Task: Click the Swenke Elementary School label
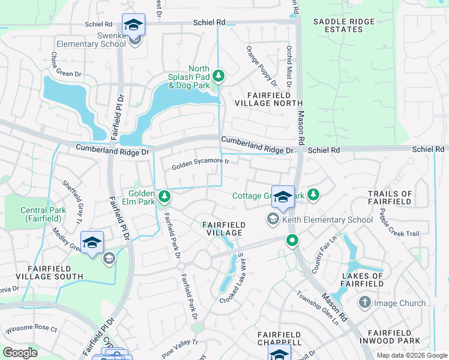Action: pos(91,44)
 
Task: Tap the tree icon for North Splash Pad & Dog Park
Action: pos(220,75)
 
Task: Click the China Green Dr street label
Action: pos(65,66)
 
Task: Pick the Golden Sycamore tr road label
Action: pos(200,161)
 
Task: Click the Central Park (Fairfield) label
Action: pos(43,214)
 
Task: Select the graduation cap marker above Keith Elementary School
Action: pos(283,197)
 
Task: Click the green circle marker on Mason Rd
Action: pos(292,241)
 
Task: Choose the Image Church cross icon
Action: pos(365,303)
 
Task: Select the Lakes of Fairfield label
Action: pos(362,280)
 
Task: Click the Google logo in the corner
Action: pos(20,353)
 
